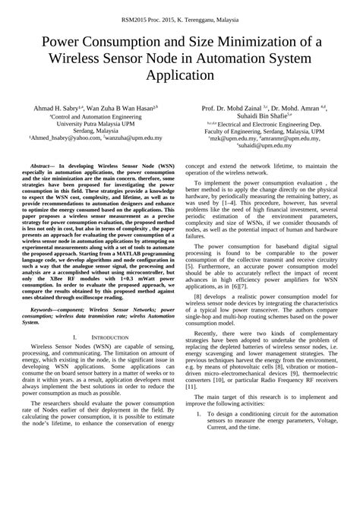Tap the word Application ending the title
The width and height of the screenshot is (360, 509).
179,75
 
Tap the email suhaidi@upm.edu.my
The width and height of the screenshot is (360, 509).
263,146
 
